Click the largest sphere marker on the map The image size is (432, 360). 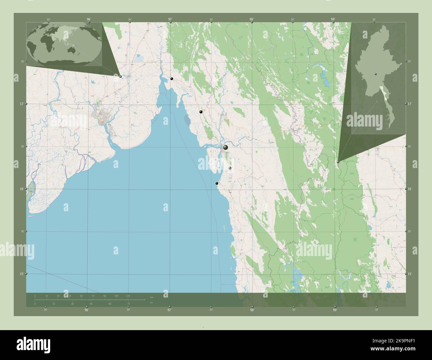coord(226,147)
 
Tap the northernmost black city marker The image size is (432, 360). coord(172,79)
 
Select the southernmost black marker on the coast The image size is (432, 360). coord(217,183)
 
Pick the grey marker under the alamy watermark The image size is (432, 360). coord(230,169)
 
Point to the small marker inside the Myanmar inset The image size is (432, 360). coord(375,74)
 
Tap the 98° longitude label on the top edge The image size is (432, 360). coord(252,20)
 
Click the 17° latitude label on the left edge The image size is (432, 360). coord(21,104)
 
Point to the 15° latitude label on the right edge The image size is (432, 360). coord(409,274)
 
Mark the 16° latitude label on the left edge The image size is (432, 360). coord(21,189)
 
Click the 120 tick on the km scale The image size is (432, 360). coord(128,296)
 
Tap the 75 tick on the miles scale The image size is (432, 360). coord(128,304)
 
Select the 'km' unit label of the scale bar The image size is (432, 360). coord(152,297)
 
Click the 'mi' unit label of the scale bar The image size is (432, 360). coord(152,303)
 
